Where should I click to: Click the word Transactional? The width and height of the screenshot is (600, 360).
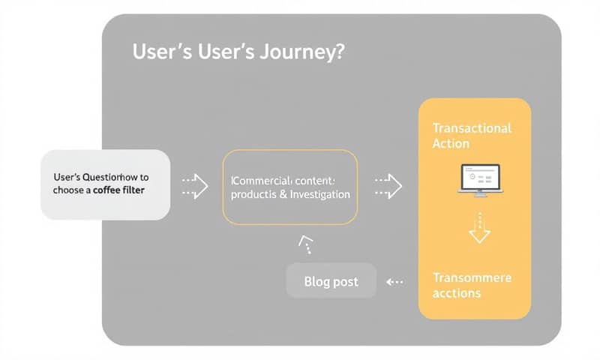coord(472,128)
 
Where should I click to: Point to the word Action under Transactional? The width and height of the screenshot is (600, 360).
coord(451,143)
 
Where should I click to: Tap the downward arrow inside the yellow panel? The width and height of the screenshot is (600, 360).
coord(478,228)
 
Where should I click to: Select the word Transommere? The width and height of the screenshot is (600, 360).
coord(472,277)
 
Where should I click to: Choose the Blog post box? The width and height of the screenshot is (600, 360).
coord(331,282)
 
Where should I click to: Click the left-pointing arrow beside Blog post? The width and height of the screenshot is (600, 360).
coord(394,282)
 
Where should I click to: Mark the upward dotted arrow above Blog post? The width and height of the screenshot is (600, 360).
coord(306,244)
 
